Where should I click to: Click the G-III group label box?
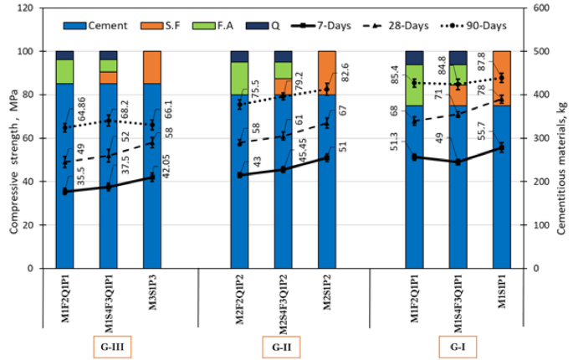(x=108, y=345)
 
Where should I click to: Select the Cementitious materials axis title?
(x=561, y=138)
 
